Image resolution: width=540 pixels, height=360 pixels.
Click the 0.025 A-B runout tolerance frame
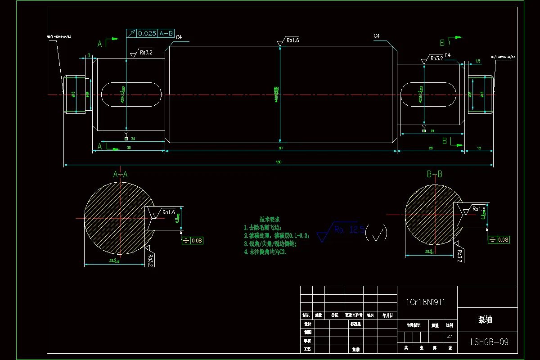(151, 33)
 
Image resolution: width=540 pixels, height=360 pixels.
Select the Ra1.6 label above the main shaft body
(292, 40)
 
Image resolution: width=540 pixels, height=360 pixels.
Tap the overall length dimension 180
(279, 162)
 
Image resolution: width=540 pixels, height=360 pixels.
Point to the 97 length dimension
(281, 148)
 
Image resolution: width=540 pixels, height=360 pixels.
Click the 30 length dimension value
(129, 148)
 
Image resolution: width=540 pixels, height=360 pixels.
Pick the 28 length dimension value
(431, 148)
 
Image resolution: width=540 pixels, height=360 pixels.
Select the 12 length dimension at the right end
(479, 148)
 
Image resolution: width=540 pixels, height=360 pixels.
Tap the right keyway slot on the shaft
(430, 94)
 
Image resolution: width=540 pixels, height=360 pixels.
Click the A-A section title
(120, 174)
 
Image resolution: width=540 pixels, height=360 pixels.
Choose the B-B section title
(434, 174)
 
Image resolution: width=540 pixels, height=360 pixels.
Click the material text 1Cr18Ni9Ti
(425, 302)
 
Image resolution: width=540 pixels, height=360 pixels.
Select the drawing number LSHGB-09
(490, 342)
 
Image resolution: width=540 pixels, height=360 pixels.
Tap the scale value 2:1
(450, 336)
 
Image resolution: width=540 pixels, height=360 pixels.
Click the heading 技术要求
(270, 219)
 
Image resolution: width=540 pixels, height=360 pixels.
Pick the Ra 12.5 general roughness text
(349, 230)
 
